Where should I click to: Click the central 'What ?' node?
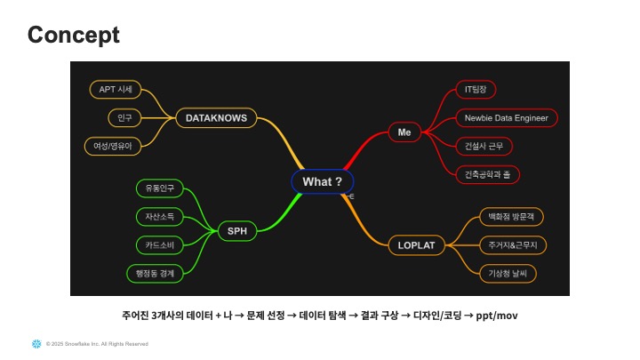coord(322,181)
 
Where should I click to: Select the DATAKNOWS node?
coord(216,117)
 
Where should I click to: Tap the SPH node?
coord(236,231)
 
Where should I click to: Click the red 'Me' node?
coord(404,132)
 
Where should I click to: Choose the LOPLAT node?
coord(416,244)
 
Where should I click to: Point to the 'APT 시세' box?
coord(116,89)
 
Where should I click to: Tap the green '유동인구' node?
coord(160,188)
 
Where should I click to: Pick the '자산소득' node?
coord(160,216)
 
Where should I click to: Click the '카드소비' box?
coord(160,244)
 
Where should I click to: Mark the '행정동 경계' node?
coord(155,273)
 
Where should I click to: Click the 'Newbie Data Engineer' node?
coord(506,117)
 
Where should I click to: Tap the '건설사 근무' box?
coord(483,146)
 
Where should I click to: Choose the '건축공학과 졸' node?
coord(488,174)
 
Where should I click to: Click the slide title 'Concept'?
coord(74,35)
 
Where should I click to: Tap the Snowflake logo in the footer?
coord(36,343)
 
